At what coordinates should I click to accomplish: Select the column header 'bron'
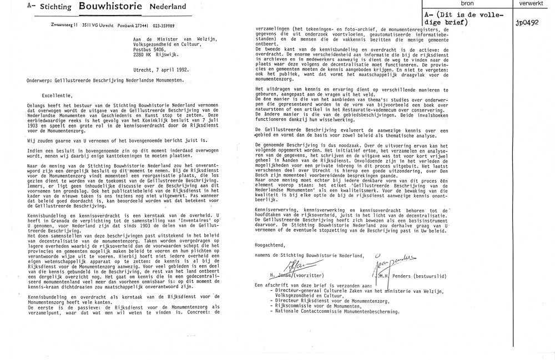(476, 4)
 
